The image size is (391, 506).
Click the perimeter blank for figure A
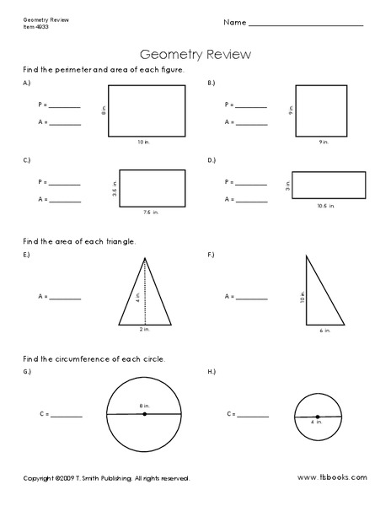[66, 107]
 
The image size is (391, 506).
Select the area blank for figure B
[251, 124]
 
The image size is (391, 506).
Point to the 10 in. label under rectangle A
[147, 143]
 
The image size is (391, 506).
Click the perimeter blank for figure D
[251, 183]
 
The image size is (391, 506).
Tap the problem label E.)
[28, 255]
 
